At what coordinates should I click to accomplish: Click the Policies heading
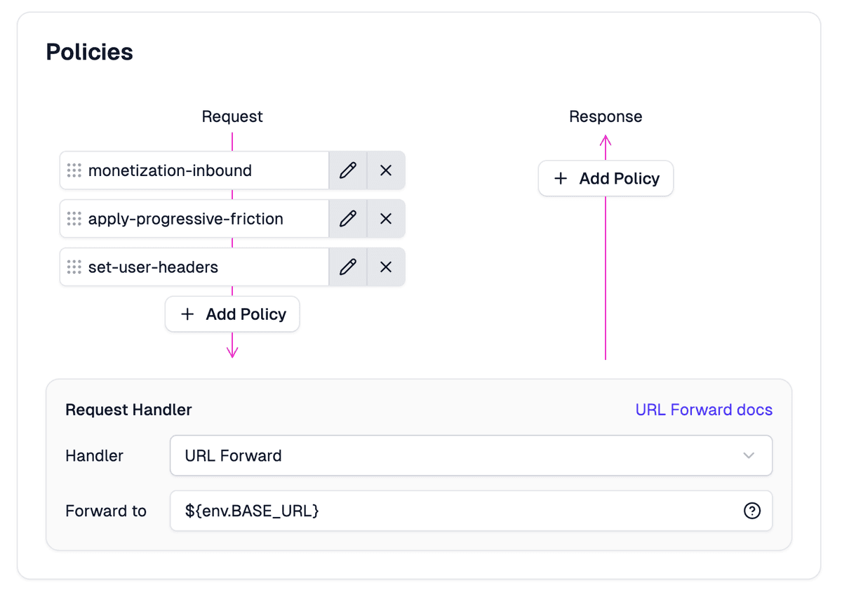click(89, 52)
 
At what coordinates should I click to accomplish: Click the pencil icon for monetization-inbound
click(348, 170)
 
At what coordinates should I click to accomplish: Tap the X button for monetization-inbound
click(386, 170)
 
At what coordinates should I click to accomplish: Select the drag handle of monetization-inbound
click(74, 170)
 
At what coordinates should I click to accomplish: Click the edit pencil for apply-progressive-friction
click(348, 219)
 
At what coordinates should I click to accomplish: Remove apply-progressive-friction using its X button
click(386, 219)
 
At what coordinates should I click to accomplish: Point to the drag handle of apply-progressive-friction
click(74, 219)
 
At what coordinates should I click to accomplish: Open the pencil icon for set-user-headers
click(348, 267)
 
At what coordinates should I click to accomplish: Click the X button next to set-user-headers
click(386, 267)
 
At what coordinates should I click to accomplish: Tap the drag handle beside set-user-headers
click(74, 267)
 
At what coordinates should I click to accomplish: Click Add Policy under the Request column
click(232, 314)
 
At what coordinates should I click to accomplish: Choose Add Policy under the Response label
click(606, 179)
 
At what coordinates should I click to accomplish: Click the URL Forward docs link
click(704, 410)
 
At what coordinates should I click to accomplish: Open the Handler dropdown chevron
click(749, 455)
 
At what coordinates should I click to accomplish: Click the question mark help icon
click(751, 511)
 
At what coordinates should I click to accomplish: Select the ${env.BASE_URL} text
click(252, 511)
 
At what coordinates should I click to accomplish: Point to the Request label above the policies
click(232, 116)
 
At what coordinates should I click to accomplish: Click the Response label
click(606, 116)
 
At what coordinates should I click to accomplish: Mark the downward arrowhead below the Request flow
click(232, 351)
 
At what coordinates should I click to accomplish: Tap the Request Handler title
click(128, 410)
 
